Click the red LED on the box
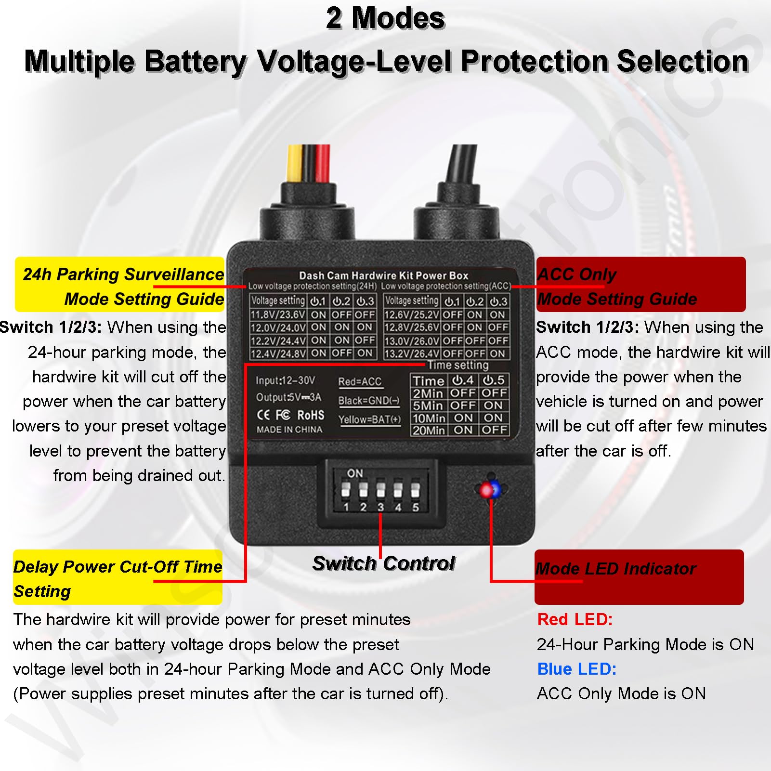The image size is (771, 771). [x=485, y=490]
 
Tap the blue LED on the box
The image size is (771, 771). [x=496, y=490]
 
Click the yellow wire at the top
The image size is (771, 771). [x=294, y=164]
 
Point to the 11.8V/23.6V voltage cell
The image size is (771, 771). [x=278, y=315]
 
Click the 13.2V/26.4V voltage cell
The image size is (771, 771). [x=412, y=354]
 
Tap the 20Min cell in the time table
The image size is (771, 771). [x=429, y=430]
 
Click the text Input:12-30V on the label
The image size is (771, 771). [x=285, y=380]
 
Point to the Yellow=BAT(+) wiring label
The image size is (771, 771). [x=369, y=419]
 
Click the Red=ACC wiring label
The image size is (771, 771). [x=360, y=382]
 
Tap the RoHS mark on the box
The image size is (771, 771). [x=311, y=415]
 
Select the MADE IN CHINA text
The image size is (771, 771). [x=289, y=430]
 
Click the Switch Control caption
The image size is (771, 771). [x=384, y=563]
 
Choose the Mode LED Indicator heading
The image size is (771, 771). [x=616, y=569]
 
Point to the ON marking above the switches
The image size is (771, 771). [x=355, y=473]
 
